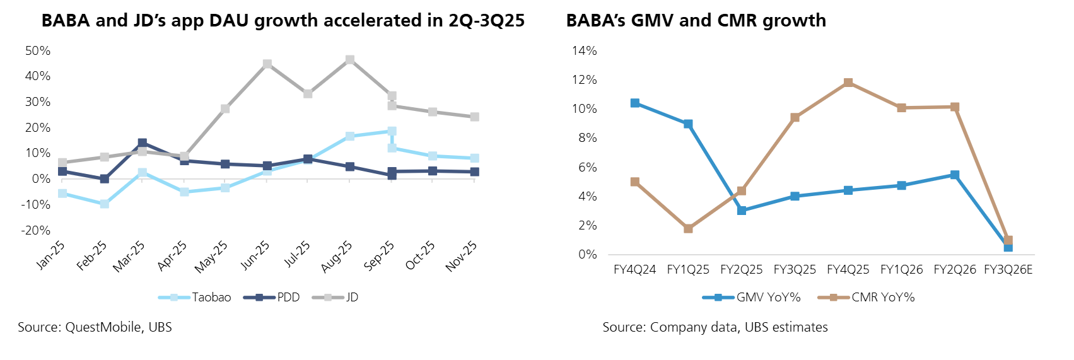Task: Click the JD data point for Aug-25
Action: tap(350, 60)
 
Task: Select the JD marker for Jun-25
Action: tap(267, 64)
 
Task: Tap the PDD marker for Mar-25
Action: tap(143, 143)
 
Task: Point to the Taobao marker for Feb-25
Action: tap(104, 204)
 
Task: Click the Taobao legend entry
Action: tap(195, 298)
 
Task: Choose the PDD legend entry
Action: tap(272, 298)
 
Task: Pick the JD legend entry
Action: tap(336, 298)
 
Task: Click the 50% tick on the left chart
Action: tap(38, 50)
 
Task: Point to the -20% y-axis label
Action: tap(36, 230)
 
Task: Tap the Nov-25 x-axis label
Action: tap(462, 257)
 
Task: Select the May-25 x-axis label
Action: tap(211, 257)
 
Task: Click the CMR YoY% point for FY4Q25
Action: tap(848, 83)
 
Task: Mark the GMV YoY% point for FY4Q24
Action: tap(635, 103)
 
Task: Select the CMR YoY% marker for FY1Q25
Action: tap(688, 228)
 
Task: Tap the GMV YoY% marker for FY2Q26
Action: tap(955, 175)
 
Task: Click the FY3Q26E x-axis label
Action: tap(1008, 270)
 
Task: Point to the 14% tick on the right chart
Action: tap(584, 50)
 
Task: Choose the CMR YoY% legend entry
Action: tap(867, 298)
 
